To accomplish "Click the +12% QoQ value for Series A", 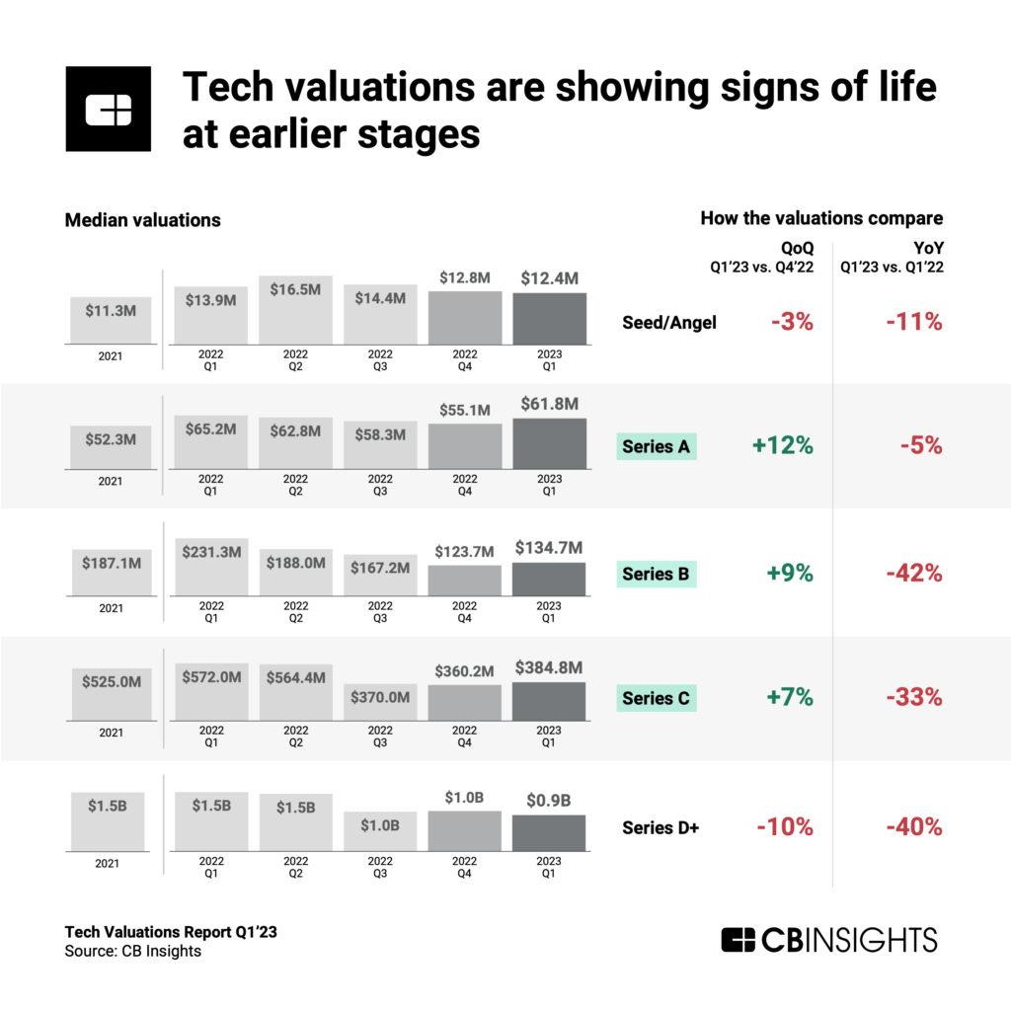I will point(782,445).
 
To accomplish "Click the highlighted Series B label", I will point(657,573).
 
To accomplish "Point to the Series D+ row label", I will point(661,827).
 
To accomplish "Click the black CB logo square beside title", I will point(108,109).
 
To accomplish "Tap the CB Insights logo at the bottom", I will point(828,939).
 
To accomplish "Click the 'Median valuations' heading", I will point(142,220).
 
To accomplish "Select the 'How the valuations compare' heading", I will point(821,217).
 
